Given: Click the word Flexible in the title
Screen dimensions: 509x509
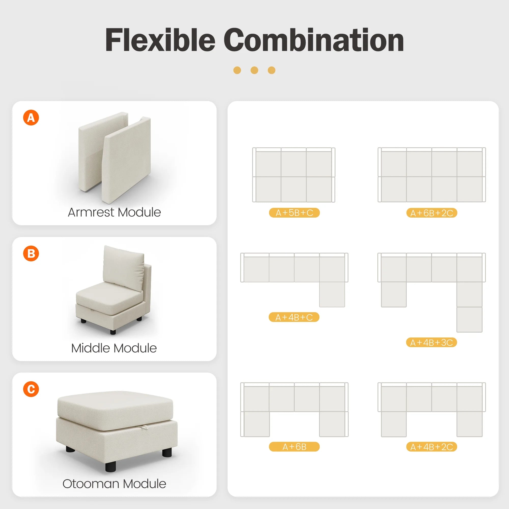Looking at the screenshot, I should click(x=160, y=40).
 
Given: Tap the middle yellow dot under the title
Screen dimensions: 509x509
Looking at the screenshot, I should click(x=254, y=70).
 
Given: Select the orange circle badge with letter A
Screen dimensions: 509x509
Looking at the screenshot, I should click(x=31, y=118).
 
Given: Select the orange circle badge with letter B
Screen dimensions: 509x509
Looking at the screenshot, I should click(x=31, y=253).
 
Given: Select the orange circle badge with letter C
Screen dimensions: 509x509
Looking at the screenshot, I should click(x=31, y=389).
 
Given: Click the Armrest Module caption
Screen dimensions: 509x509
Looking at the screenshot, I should click(x=114, y=212).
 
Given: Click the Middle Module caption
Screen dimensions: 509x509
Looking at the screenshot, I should click(x=114, y=348).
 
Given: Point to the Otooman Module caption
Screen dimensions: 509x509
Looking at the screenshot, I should click(x=114, y=484).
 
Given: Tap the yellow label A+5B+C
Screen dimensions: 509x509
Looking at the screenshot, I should click(x=294, y=213).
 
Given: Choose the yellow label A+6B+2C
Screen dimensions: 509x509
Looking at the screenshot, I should click(x=432, y=213).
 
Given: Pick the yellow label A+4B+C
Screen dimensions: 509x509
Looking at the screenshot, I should click(x=294, y=317).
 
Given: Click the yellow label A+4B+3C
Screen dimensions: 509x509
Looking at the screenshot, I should click(x=431, y=343).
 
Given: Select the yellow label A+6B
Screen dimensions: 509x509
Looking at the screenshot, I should click(x=294, y=447).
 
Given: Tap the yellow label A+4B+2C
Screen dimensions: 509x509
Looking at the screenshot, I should click(x=432, y=447).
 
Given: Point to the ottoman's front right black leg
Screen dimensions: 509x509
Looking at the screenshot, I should click(x=167, y=453).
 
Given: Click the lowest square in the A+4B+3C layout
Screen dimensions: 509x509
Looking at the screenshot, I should click(x=470, y=319).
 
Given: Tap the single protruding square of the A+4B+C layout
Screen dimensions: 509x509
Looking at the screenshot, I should click(x=332, y=294).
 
